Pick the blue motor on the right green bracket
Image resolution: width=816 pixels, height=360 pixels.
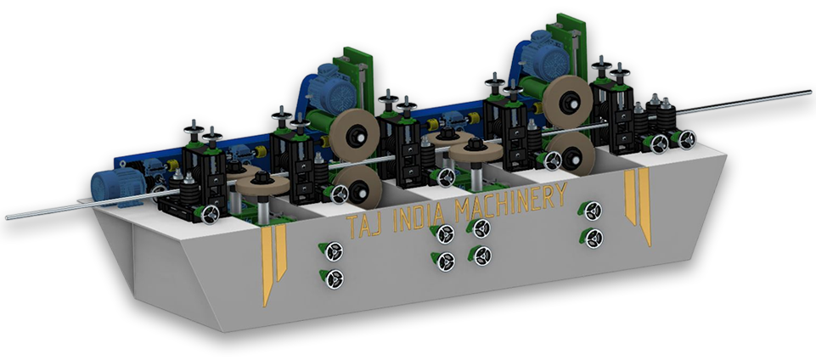coord(545,54)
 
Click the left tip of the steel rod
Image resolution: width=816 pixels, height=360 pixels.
coord(6,217)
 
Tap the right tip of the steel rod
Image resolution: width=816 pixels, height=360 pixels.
coord(810,93)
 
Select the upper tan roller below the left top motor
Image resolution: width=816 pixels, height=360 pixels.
coord(354,135)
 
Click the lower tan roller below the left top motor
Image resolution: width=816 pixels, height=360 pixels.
coord(358,188)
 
